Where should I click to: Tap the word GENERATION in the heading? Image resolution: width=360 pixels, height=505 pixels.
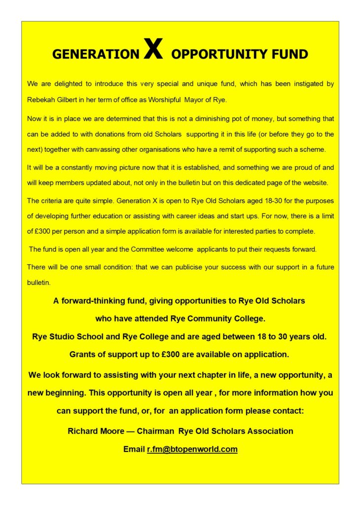click(x=96, y=54)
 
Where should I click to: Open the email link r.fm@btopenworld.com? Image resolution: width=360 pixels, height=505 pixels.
click(x=192, y=449)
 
